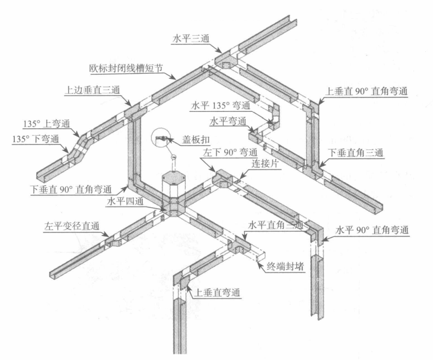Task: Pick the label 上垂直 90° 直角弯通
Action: click(366, 92)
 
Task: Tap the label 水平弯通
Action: click(228, 121)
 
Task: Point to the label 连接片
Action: click(265, 163)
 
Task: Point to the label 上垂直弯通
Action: click(217, 292)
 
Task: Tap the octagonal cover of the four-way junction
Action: click(173, 177)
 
